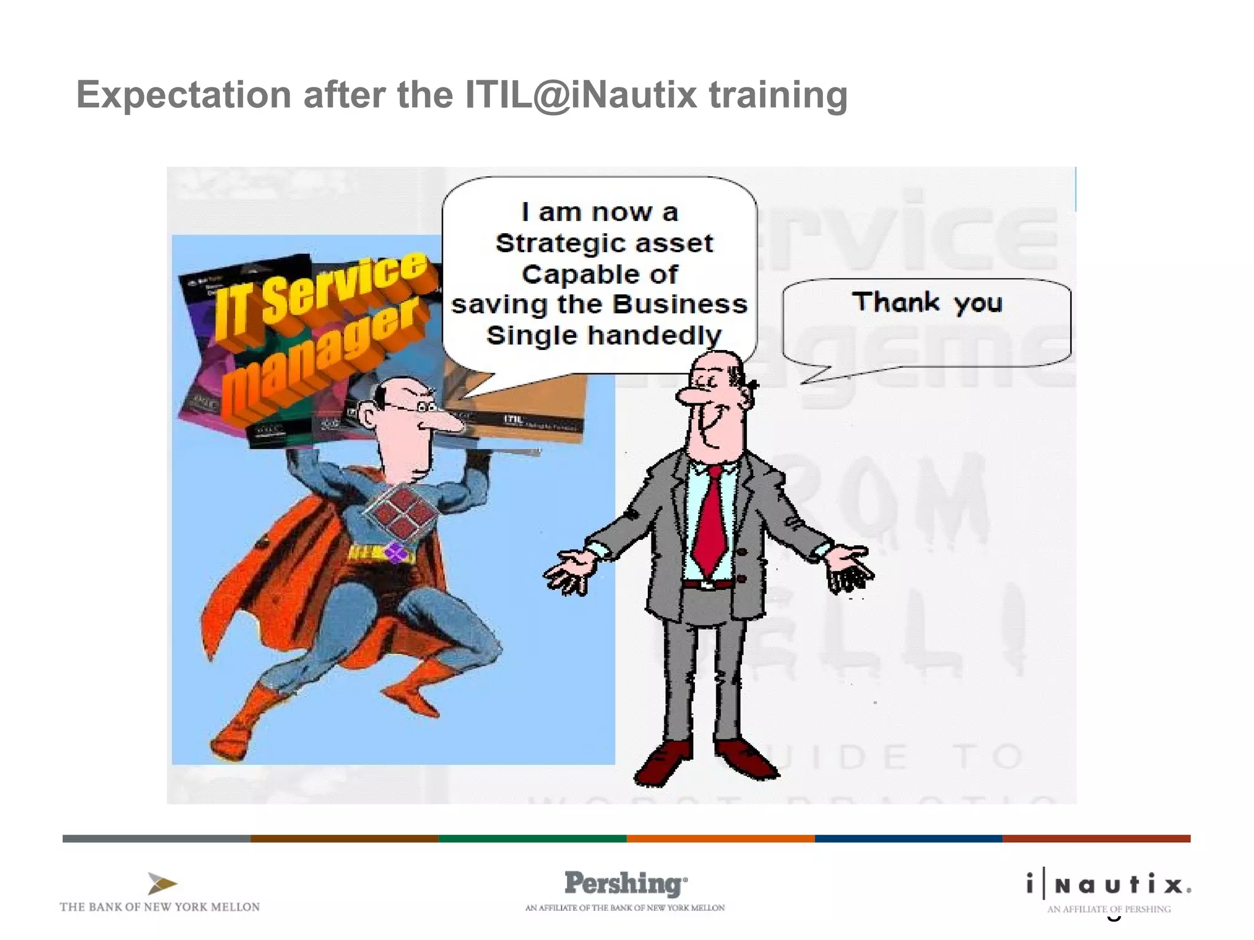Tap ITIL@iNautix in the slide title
point(580,95)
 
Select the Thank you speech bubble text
point(926,302)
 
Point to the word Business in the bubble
point(680,304)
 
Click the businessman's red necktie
point(710,520)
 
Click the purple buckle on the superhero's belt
point(396,553)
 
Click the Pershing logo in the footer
point(625,884)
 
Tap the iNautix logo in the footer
point(1109,885)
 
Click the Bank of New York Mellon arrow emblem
point(162,884)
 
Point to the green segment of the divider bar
point(533,838)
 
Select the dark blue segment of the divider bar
point(908,838)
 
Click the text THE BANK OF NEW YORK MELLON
point(160,907)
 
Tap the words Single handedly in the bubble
point(604,335)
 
